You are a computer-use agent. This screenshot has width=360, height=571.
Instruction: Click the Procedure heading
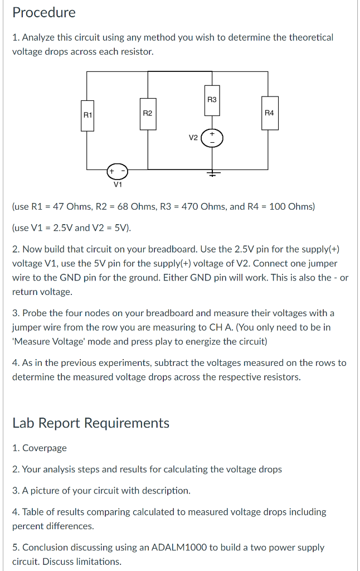(44, 12)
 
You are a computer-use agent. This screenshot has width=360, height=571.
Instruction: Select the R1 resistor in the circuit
(87, 115)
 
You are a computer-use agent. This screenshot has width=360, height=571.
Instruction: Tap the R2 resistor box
(148, 113)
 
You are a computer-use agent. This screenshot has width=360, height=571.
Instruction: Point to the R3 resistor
(212, 100)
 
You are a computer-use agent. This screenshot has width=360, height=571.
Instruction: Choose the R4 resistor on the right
(269, 113)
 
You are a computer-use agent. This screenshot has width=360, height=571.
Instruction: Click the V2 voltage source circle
(212, 138)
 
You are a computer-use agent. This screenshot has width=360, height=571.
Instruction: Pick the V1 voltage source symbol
(118, 170)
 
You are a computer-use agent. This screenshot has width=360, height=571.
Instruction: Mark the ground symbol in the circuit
(212, 173)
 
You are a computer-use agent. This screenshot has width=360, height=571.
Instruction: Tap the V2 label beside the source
(193, 138)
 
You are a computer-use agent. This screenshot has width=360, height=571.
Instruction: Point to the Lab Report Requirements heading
(91, 423)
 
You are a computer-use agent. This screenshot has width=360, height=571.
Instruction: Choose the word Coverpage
(45, 448)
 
